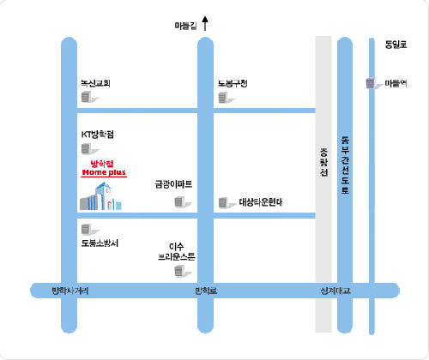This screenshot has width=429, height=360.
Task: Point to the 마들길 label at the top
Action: click(184, 27)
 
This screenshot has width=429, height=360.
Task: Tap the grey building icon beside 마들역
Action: click(371, 83)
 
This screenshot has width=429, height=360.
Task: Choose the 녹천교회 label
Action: click(95, 83)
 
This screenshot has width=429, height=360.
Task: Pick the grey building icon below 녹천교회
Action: click(86, 99)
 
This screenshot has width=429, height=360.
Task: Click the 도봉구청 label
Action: click(233, 83)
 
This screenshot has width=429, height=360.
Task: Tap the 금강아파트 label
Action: click(173, 183)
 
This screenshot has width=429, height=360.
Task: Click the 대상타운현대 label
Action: click(261, 203)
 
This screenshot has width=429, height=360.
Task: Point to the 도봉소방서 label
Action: click(100, 243)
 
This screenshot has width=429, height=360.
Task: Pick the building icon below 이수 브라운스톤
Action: click(179, 272)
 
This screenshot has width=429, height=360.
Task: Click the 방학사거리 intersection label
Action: click(70, 292)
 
